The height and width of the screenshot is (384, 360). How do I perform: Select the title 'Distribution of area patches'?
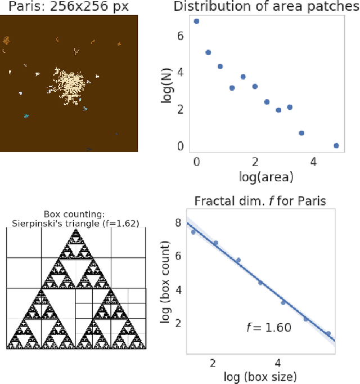pyautogui.click(x=265, y=7)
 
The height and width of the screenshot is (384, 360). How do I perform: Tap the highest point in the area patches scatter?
pyautogui.click(x=196, y=21)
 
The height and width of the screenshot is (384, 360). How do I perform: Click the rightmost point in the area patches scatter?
pyautogui.click(x=336, y=145)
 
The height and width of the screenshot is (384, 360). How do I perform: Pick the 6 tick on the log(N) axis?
pyautogui.click(x=181, y=35)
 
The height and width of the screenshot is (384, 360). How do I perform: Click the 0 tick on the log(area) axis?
pyautogui.click(x=196, y=163)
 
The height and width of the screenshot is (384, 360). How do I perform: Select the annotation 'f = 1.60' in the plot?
pyautogui.click(x=269, y=327)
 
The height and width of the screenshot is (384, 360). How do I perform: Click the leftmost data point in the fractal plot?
pyautogui.click(x=193, y=232)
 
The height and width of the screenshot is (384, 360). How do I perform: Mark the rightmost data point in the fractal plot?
pyautogui.click(x=328, y=333)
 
